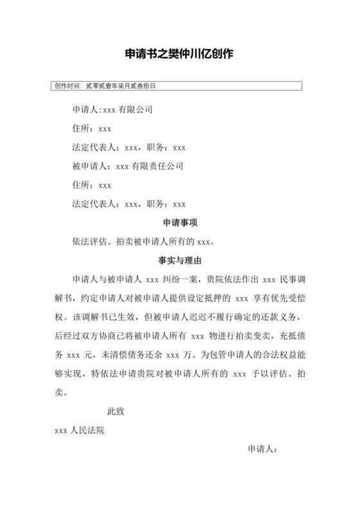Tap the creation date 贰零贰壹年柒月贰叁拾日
tap(122, 85)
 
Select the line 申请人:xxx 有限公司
tap(113, 109)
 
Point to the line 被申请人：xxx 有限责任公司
tap(128, 166)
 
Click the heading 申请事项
tap(179, 223)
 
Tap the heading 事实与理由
tap(179, 261)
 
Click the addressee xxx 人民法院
tap(80, 431)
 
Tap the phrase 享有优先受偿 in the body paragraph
tap(276, 299)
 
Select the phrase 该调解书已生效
tap(97, 317)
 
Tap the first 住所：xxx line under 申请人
tap(93, 129)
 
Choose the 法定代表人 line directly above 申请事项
tap(129, 204)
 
